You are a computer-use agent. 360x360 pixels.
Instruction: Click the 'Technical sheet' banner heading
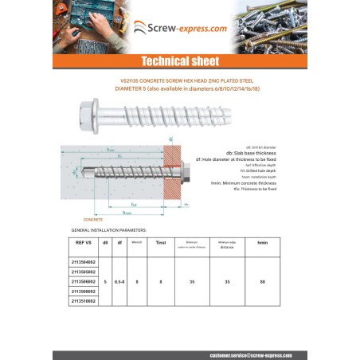(x=179, y=61)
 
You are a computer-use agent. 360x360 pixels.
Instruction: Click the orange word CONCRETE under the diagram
(x=93, y=217)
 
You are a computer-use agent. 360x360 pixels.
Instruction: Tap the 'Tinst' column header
(x=160, y=241)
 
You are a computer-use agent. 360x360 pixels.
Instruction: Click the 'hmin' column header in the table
(x=262, y=241)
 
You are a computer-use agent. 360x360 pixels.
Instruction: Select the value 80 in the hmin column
(x=262, y=281)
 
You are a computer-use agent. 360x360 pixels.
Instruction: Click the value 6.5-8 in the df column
(x=119, y=281)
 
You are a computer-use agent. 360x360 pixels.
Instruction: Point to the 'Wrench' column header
(x=137, y=241)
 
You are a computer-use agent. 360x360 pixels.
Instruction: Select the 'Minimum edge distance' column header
(x=227, y=242)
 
